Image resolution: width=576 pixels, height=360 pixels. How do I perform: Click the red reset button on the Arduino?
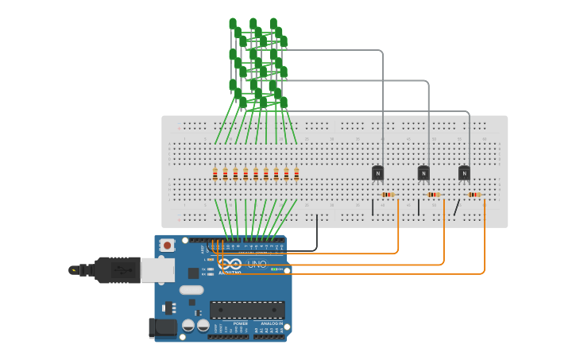click(167, 246)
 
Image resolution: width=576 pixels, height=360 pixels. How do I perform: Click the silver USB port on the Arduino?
click(157, 270)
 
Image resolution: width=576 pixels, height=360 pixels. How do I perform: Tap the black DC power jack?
click(162, 327)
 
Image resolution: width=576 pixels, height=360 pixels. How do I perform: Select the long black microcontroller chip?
click(247, 310)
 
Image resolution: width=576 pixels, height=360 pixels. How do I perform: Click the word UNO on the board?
click(257, 264)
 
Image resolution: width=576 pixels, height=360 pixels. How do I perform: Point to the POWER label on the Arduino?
click(241, 323)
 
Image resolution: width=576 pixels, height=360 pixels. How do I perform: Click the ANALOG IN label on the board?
click(271, 323)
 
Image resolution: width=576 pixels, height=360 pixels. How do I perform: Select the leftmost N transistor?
click(377, 172)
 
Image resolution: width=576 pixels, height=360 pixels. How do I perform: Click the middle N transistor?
click(423, 172)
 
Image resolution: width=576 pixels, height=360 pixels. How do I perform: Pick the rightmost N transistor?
click(464, 172)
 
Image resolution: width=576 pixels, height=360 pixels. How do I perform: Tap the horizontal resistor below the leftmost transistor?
click(388, 195)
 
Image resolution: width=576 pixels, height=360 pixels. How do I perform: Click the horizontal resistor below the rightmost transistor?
click(474, 195)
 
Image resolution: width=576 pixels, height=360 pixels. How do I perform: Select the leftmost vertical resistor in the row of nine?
click(215, 174)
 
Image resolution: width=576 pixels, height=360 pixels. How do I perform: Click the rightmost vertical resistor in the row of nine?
click(296, 174)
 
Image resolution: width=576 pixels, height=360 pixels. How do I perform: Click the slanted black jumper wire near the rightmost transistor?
click(457, 207)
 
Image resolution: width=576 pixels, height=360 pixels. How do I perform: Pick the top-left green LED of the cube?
click(233, 24)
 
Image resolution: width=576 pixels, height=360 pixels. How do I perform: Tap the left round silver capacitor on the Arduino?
click(188, 325)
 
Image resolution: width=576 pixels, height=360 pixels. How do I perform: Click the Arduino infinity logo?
click(230, 264)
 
